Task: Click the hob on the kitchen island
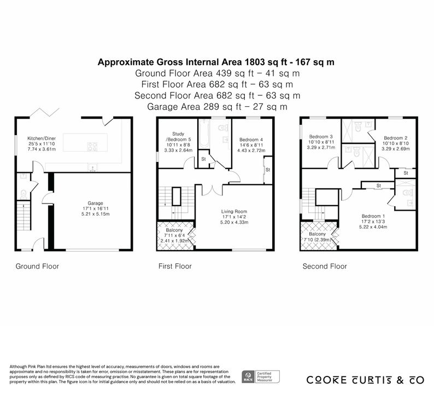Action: pyautogui.click(x=92, y=147)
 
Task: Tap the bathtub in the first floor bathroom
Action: pyautogui.click(x=204, y=134)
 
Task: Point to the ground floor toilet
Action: pyautogui.click(x=24, y=194)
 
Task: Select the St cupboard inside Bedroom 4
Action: pyautogui.click(x=268, y=170)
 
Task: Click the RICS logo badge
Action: pyautogui.click(x=261, y=377)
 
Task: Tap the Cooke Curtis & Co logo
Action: pyautogui.click(x=365, y=380)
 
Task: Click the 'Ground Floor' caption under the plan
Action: pyautogui.click(x=37, y=266)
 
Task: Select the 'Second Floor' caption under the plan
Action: pyautogui.click(x=325, y=266)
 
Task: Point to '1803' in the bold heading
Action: pyautogui.click(x=254, y=62)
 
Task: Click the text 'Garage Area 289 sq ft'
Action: pyautogui.click(x=194, y=107)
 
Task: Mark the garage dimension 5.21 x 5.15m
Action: pyautogui.click(x=96, y=214)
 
